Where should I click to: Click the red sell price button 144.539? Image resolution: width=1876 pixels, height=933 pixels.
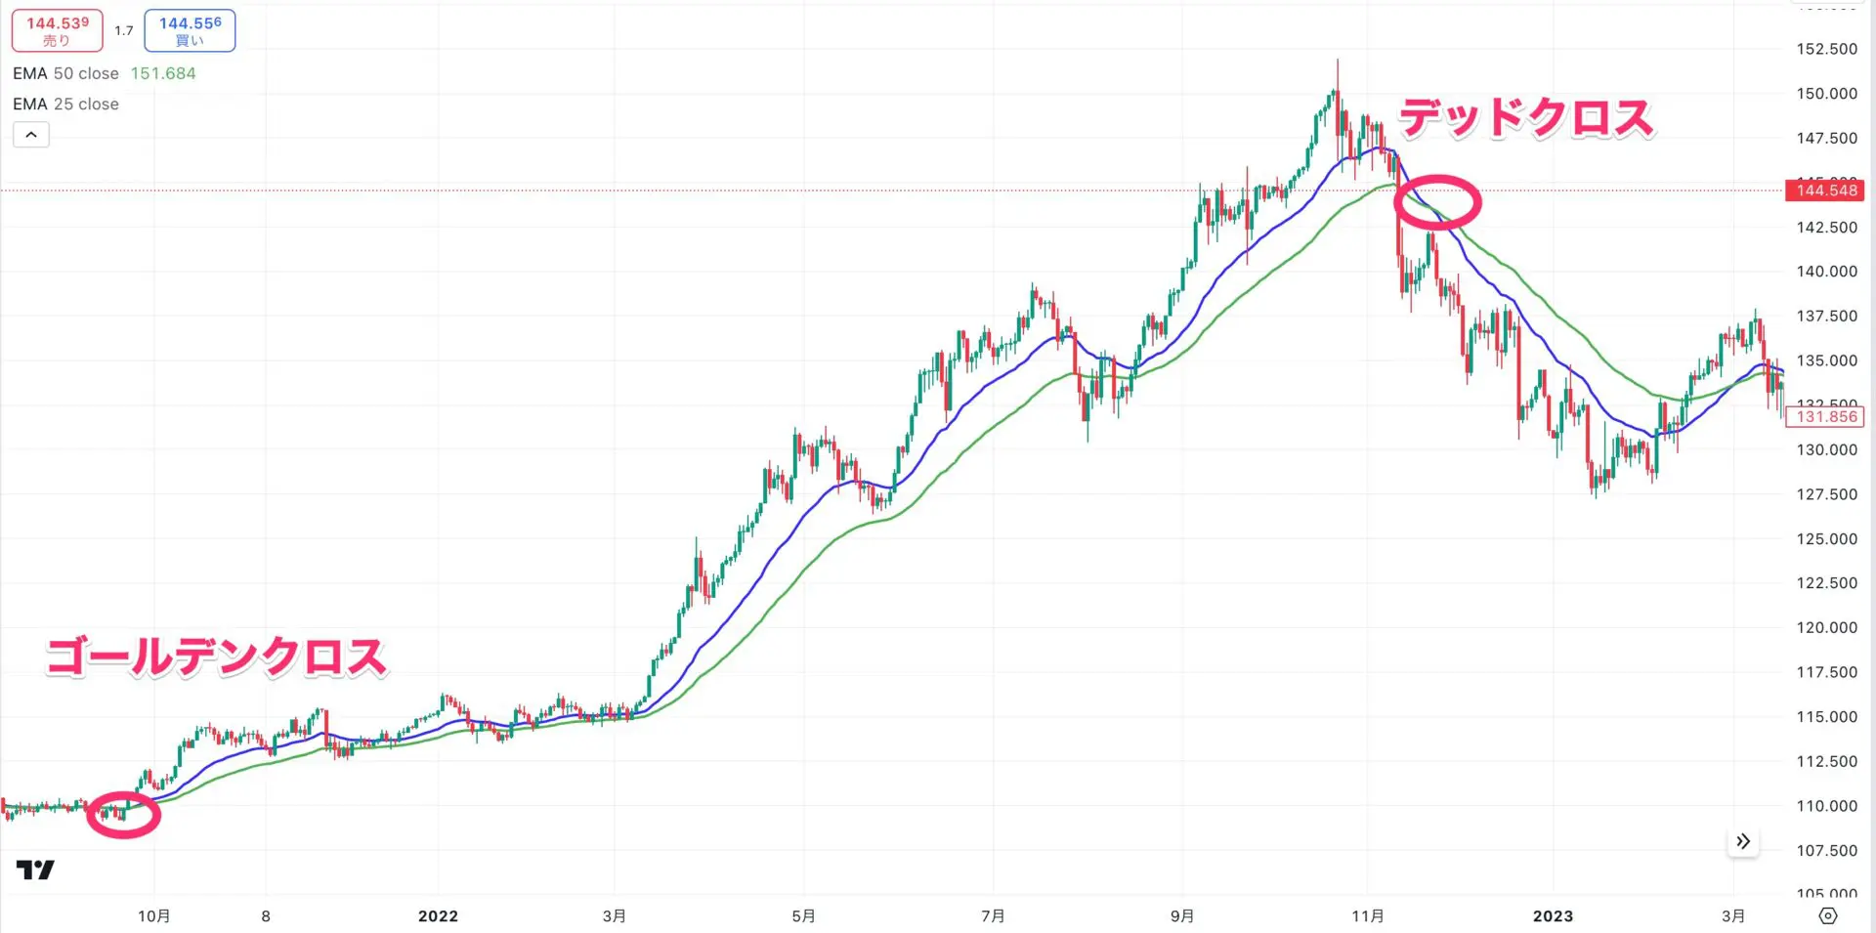coord(57,31)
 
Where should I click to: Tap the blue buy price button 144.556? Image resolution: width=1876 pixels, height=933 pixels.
coord(190,31)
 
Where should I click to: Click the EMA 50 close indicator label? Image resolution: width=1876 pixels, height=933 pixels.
coord(65,74)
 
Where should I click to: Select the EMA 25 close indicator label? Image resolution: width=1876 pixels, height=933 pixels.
coord(65,105)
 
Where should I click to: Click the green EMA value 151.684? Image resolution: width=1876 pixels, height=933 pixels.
coord(163,74)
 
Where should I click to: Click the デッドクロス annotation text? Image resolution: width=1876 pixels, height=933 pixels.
coord(1526,118)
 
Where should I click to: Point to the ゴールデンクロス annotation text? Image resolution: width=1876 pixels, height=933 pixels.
coord(217,657)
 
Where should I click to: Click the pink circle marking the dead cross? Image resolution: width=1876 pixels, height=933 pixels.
coord(1437,202)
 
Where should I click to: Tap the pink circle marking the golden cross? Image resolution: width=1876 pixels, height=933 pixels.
coord(123,815)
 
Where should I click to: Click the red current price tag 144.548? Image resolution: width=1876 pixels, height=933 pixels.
coord(1824,191)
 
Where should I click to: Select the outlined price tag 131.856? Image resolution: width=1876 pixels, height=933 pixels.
coord(1824,417)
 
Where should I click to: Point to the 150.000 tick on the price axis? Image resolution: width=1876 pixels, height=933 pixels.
coord(1826,94)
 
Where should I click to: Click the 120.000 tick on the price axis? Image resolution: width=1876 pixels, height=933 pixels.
coord(1826,628)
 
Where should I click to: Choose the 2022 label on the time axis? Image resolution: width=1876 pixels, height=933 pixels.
coord(438,916)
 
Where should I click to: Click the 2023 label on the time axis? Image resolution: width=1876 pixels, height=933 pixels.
coord(1553,916)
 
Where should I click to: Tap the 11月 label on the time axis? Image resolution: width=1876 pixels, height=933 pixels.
coord(1367,916)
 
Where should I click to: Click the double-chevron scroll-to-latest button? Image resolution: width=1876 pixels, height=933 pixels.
coord(1743,842)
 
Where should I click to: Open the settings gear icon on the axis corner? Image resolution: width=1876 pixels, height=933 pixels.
coord(1828,916)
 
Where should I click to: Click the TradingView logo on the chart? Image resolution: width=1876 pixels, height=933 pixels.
coord(35,869)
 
